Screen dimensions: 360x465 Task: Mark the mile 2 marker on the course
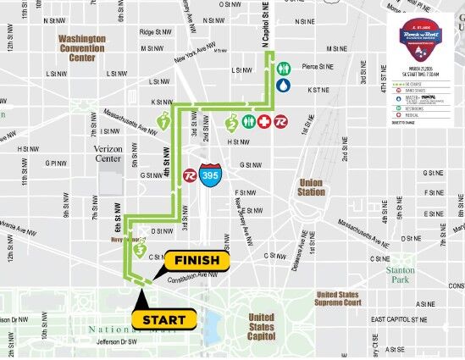(232, 124)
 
